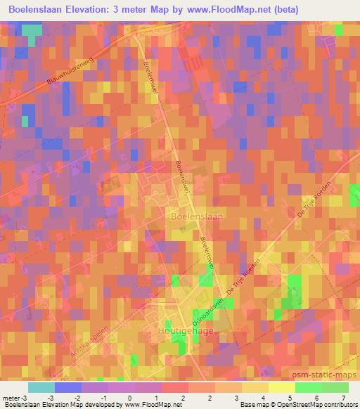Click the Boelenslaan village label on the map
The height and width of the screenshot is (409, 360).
[x=196, y=217]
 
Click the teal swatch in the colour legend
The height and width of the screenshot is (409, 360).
[x=41, y=387]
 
